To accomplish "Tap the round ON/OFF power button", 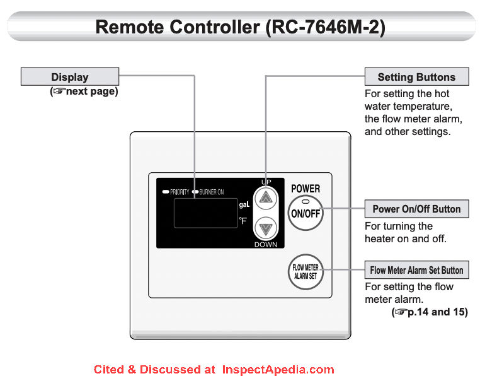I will click(306, 213).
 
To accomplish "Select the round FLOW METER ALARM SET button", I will click(306, 272).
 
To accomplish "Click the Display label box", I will click(69, 77).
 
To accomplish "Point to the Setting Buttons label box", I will click(416, 77).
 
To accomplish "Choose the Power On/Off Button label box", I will click(416, 209).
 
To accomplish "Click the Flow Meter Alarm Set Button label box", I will click(416, 270).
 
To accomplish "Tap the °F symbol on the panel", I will click(243, 221).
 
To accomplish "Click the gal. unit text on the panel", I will click(244, 205).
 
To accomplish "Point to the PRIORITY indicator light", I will click(165, 192).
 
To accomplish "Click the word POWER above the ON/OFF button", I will click(306, 188).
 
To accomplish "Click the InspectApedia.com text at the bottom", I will click(278, 369).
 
